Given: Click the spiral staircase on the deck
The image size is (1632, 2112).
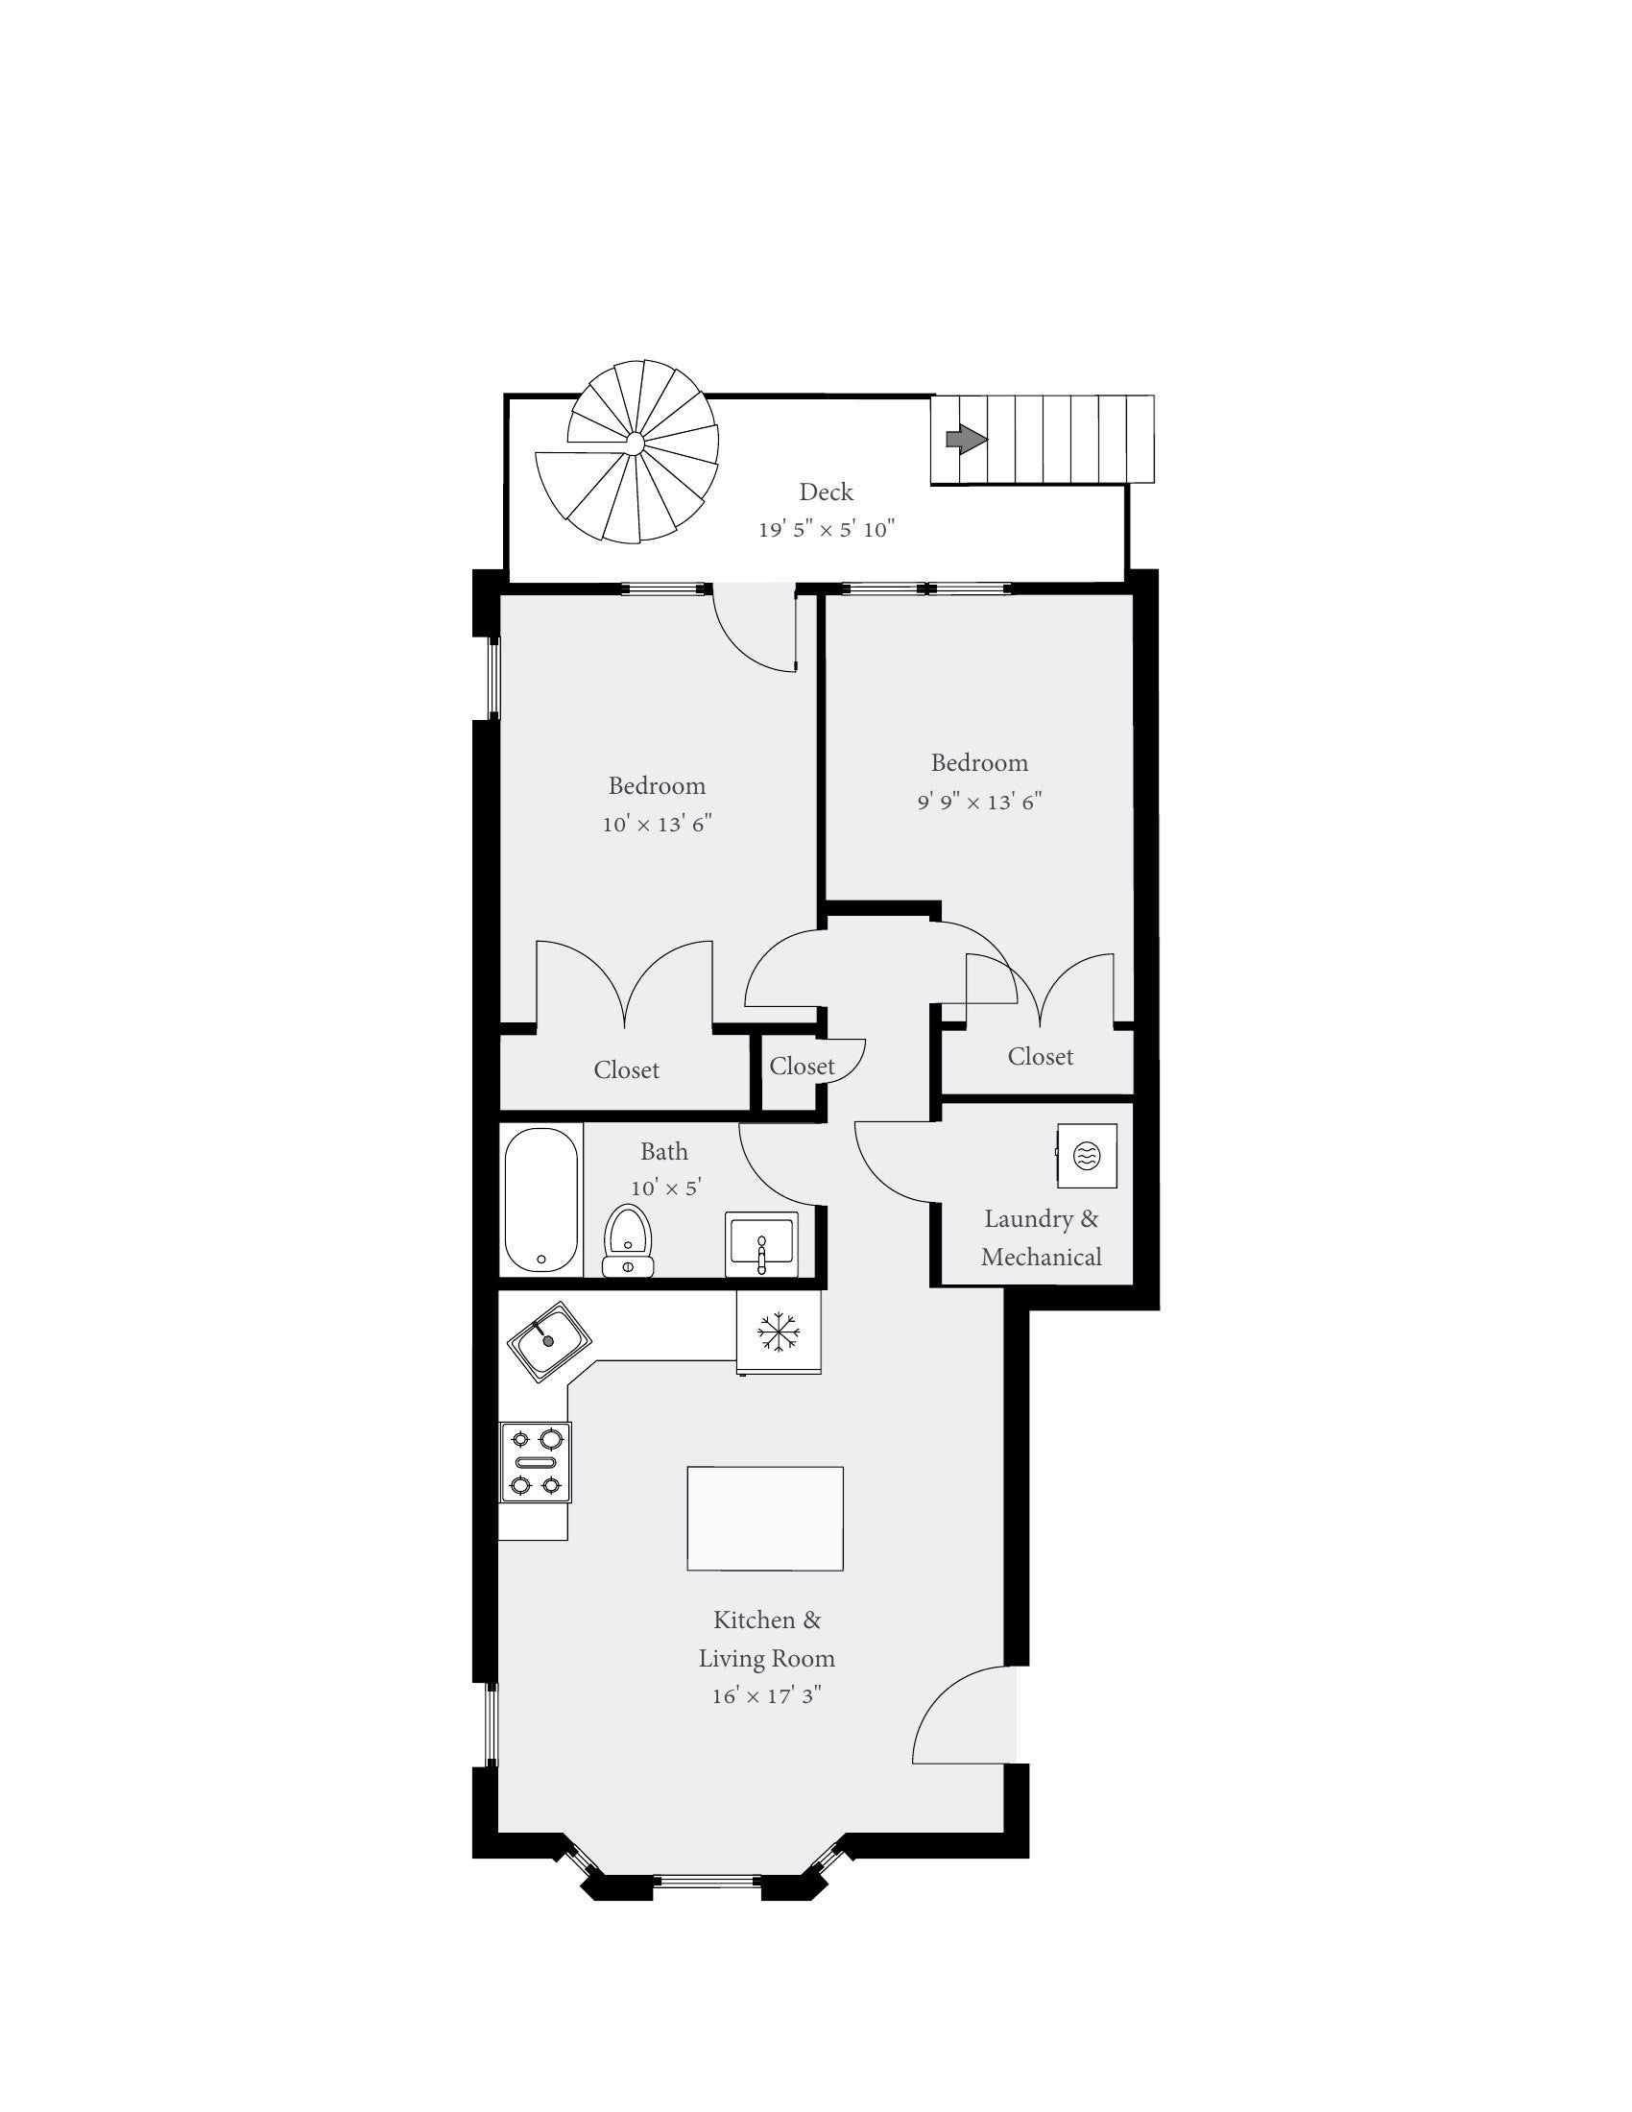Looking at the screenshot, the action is (x=629, y=450).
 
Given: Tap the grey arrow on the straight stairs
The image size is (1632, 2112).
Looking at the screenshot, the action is (x=966, y=440).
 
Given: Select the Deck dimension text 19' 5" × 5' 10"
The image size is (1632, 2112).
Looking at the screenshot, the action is (x=827, y=529).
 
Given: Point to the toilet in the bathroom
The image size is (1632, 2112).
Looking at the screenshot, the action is (x=629, y=1240).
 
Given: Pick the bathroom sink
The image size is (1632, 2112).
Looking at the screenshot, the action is (x=762, y=1242).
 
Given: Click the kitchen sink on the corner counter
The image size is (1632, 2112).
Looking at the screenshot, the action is (x=549, y=1340).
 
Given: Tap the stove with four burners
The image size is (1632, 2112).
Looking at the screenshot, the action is (x=536, y=1462).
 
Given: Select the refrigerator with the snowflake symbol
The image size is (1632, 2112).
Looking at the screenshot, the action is (x=779, y=1332).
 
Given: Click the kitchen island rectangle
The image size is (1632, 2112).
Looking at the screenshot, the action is (x=765, y=1519).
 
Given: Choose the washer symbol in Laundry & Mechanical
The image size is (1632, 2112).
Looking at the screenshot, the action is (x=1087, y=1155).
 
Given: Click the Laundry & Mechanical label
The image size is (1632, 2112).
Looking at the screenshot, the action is (x=1042, y=1237).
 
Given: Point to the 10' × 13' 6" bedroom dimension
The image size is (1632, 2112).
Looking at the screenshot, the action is (x=658, y=824).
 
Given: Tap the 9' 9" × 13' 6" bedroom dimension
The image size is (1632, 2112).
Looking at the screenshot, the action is (x=979, y=802).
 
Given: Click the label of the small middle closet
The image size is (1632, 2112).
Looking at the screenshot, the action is (x=802, y=1066).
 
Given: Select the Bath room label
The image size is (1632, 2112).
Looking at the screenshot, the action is (x=664, y=1151).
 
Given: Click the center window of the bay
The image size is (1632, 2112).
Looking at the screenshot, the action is (x=707, y=1881).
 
